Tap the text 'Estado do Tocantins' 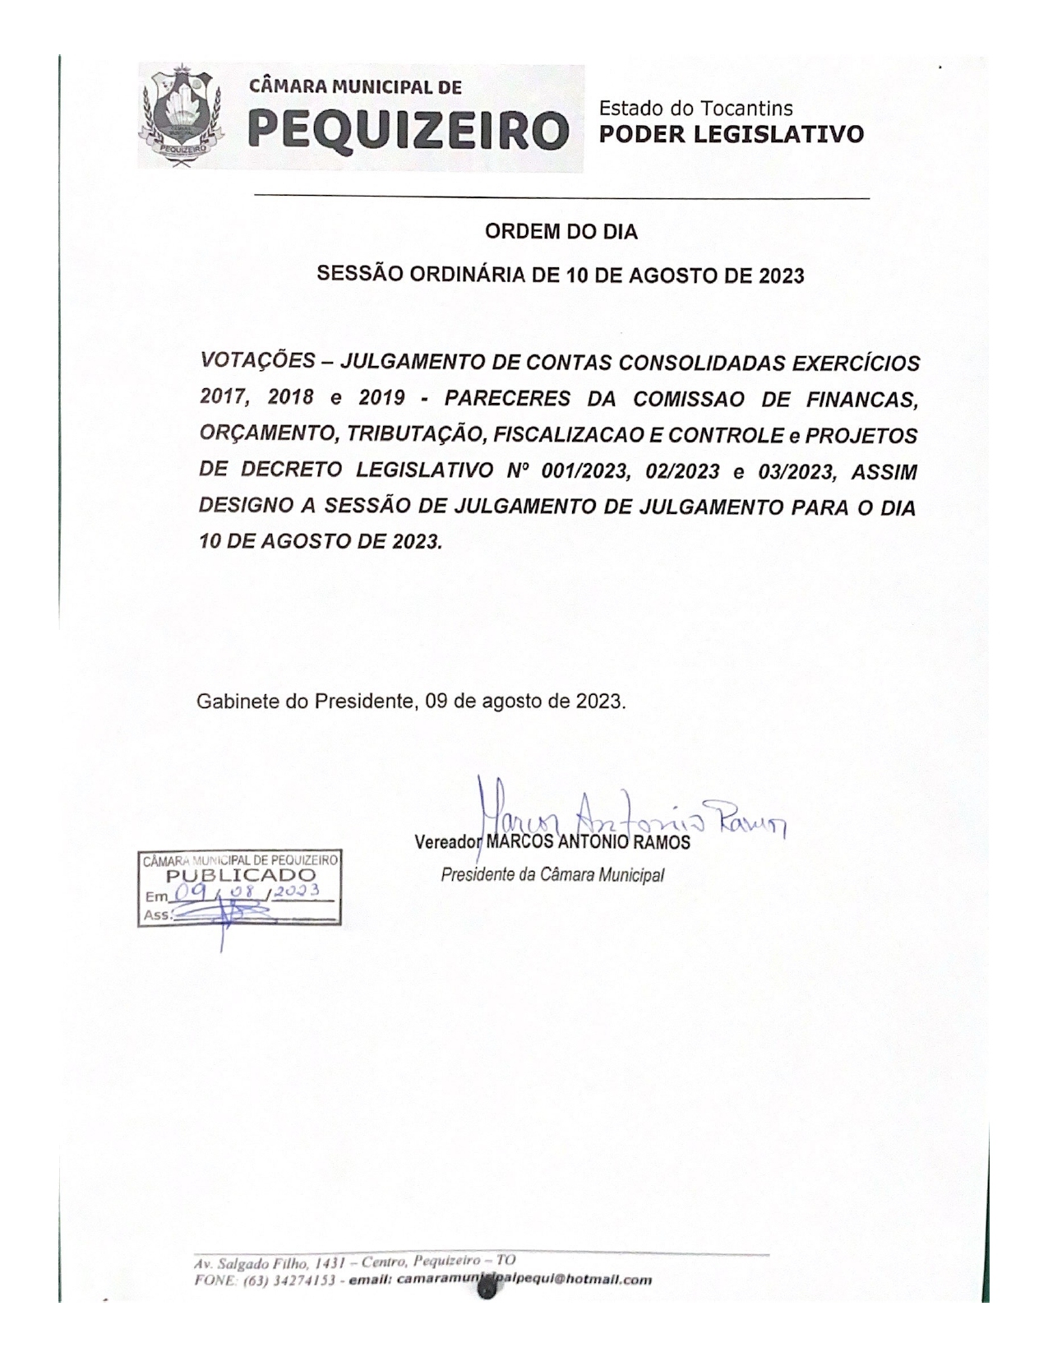[695, 109]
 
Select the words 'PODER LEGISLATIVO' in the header [732, 134]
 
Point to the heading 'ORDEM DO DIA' [561, 232]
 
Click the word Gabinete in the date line [229, 702]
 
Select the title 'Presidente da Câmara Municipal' [552, 874]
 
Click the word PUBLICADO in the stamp [241, 876]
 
